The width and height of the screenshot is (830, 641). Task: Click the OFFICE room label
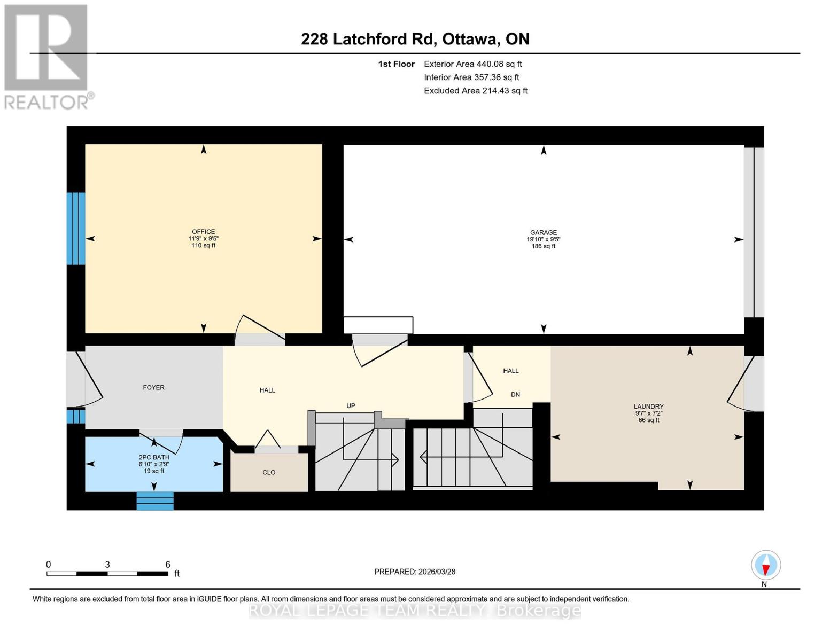204,232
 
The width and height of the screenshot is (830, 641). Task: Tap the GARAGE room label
543,232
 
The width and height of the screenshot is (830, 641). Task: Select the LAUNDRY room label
648,407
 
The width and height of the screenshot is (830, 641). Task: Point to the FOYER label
153,387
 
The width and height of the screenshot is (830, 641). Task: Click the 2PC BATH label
154,457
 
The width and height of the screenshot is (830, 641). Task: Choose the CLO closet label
269,472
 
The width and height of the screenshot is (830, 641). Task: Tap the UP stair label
351,405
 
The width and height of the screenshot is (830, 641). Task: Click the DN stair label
515,395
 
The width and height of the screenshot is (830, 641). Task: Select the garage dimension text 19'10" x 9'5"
543,239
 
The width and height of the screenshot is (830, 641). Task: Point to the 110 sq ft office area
204,246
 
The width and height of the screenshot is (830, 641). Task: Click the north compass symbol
765,565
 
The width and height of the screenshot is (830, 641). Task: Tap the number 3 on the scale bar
107,565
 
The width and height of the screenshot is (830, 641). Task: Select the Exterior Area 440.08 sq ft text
472,64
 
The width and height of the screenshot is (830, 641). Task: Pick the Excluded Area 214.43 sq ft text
475,91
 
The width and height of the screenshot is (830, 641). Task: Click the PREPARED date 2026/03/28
415,572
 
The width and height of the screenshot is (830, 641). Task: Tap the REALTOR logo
47,56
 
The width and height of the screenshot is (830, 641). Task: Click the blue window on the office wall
75,228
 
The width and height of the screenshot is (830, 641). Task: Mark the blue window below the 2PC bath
155,501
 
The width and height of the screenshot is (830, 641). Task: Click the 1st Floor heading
396,64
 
